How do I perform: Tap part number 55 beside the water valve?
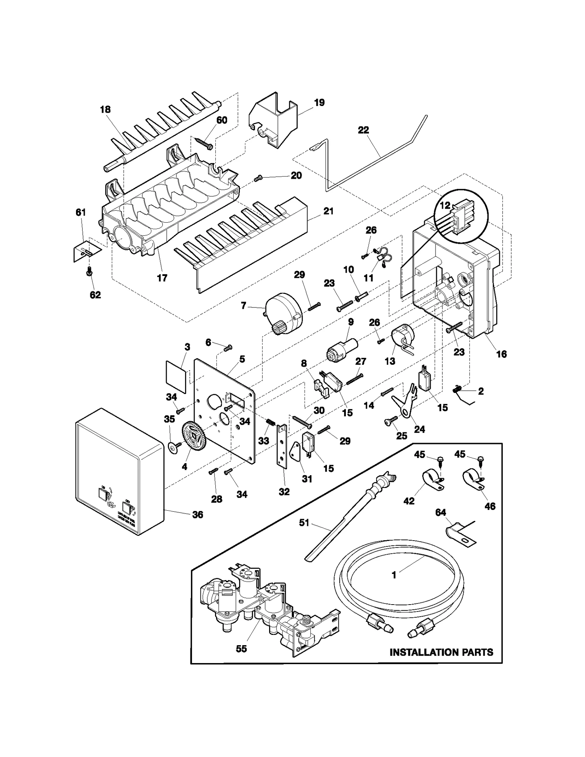pyautogui.click(x=241, y=648)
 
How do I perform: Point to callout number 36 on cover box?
pyautogui.click(x=197, y=515)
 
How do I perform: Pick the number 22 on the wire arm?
pyautogui.click(x=363, y=130)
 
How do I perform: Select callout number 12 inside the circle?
pyautogui.click(x=445, y=205)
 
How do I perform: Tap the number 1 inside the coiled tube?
pyautogui.click(x=394, y=575)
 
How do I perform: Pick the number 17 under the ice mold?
pyautogui.click(x=162, y=278)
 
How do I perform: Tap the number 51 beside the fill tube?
pyautogui.click(x=304, y=523)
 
